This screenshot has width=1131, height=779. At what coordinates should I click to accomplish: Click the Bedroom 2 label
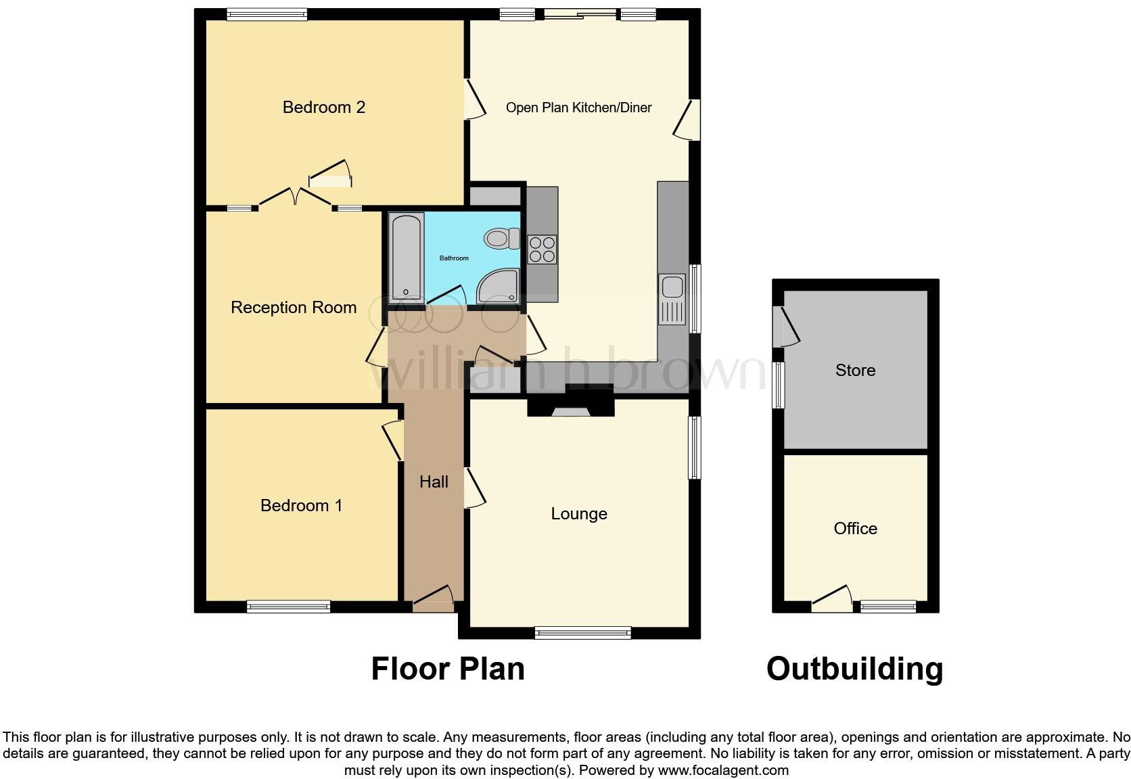click(323, 107)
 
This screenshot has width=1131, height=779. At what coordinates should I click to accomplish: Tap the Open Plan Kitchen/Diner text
click(578, 108)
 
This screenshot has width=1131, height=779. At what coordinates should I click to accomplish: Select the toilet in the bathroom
click(501, 238)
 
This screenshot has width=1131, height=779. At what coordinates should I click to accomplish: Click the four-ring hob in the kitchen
click(542, 249)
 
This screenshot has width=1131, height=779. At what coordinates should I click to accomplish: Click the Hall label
click(434, 481)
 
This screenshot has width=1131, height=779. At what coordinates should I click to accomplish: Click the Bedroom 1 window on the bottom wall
click(289, 607)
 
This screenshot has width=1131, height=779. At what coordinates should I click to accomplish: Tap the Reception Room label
click(294, 307)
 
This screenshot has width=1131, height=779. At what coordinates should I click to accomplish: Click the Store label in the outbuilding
click(855, 370)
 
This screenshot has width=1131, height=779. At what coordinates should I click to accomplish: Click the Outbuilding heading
click(854, 668)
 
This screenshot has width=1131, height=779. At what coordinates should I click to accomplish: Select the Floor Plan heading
click(448, 668)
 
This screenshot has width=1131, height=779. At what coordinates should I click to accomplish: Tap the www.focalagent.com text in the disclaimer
click(723, 770)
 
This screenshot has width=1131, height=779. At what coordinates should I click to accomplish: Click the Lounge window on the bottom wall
click(582, 633)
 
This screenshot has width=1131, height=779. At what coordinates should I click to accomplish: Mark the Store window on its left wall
click(779, 385)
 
